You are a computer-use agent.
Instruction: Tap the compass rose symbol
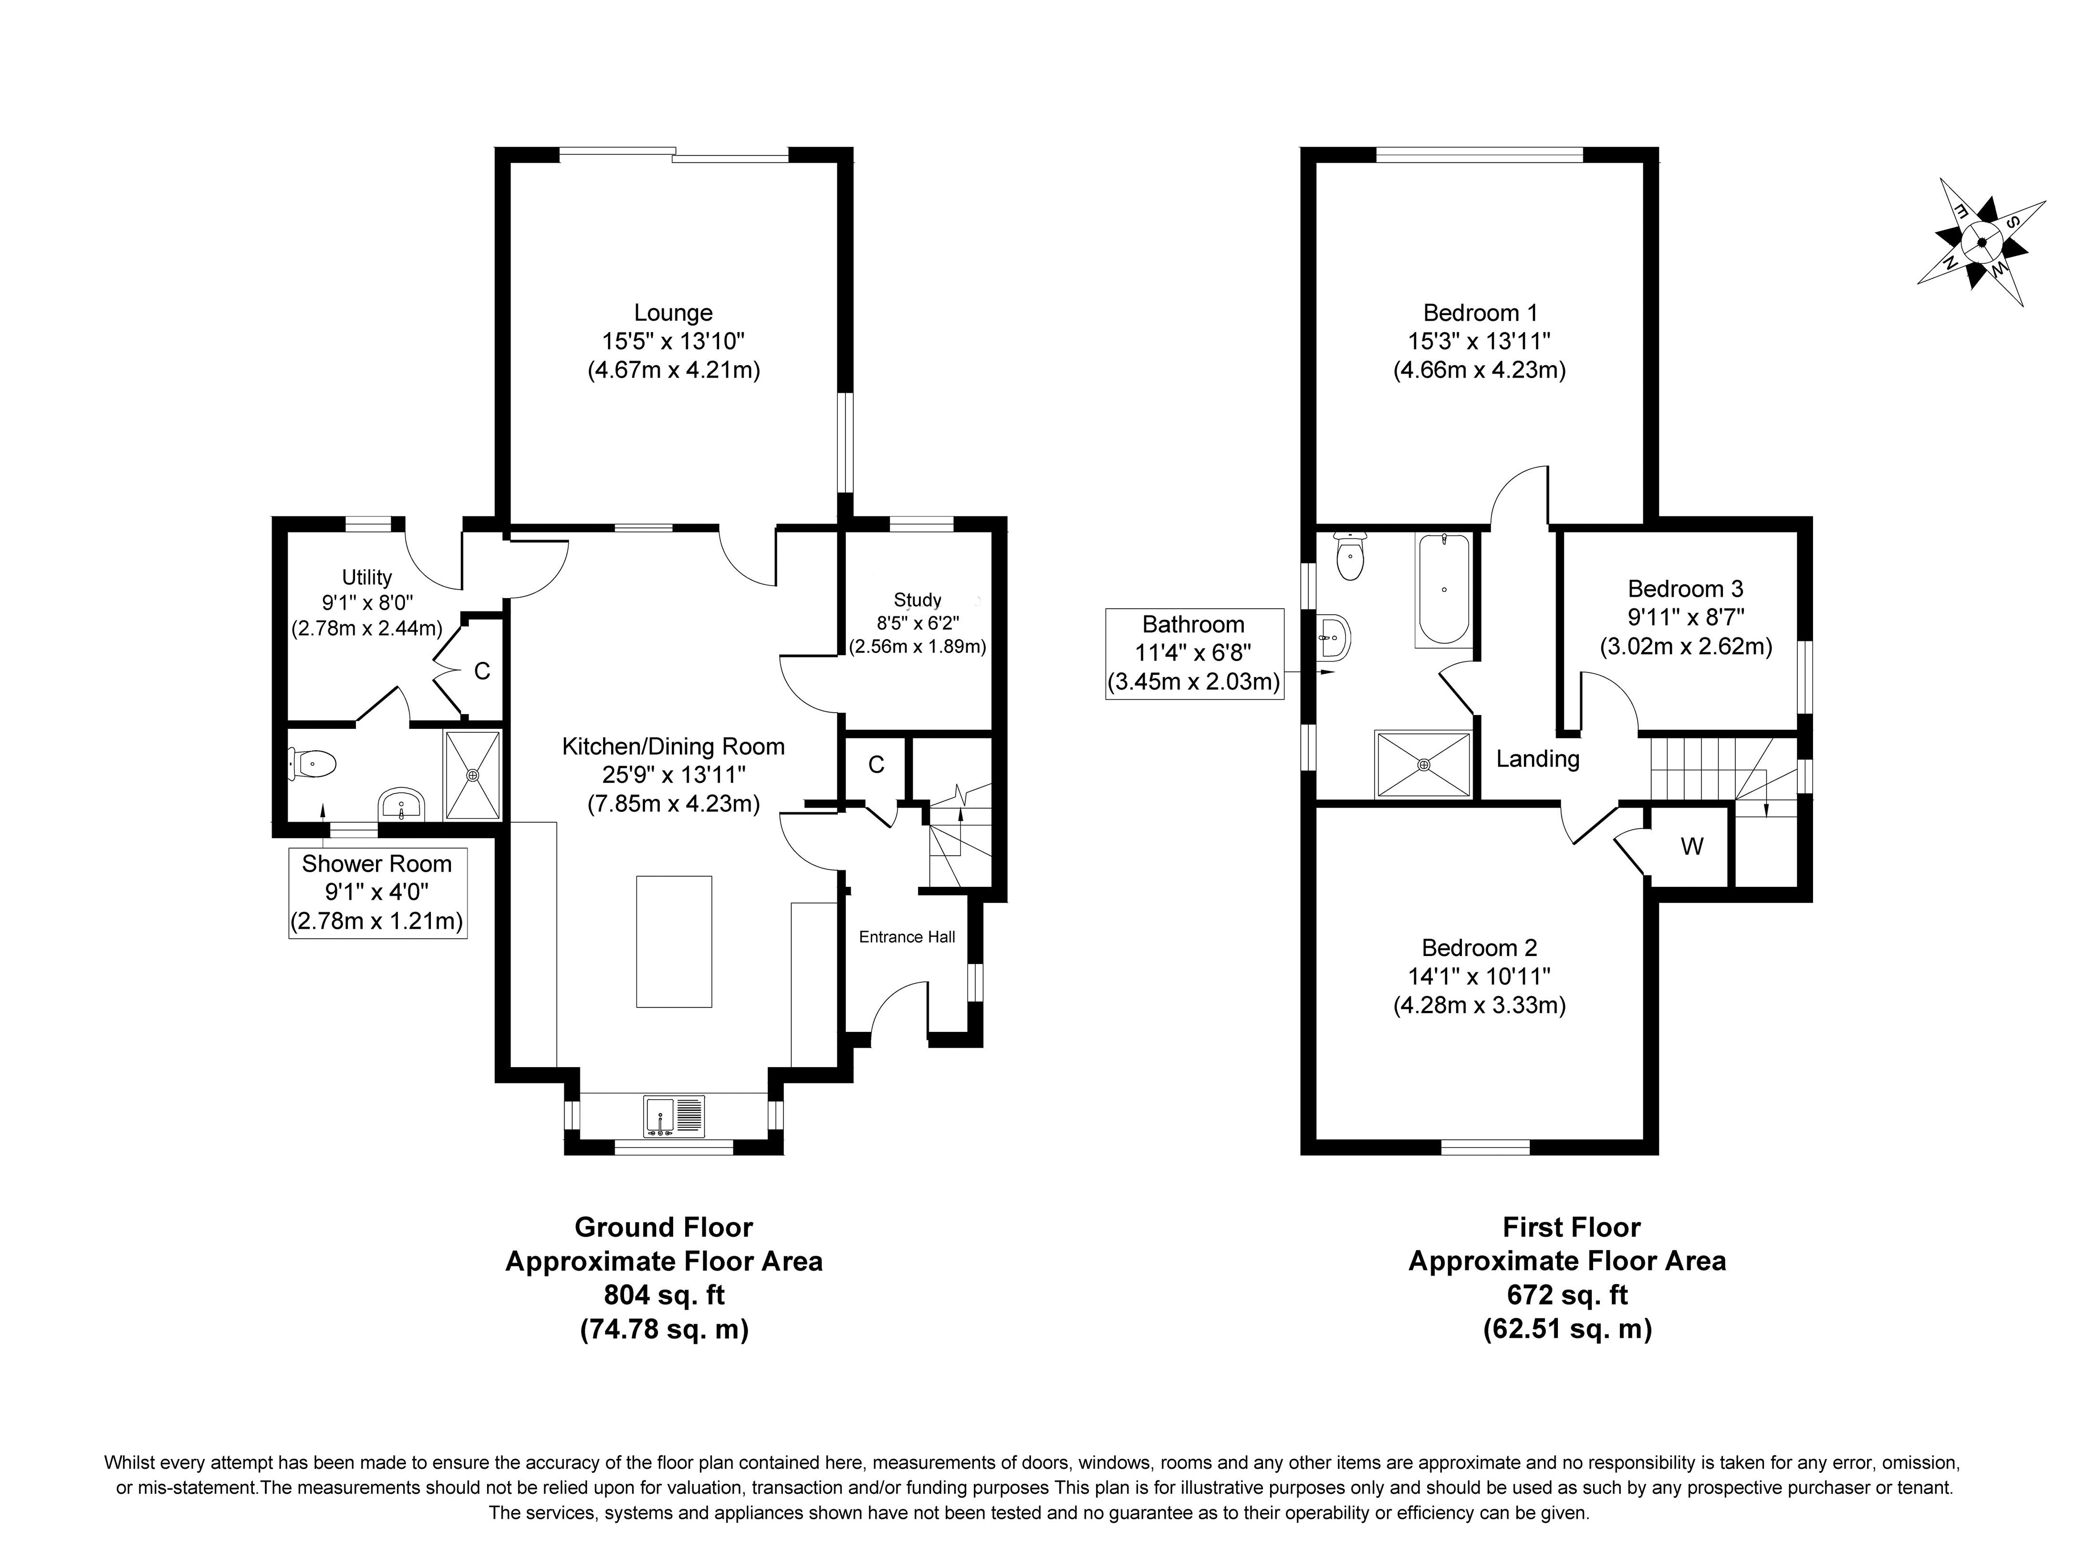[x=1982, y=242]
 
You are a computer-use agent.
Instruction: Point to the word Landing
[x=1538, y=759]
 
